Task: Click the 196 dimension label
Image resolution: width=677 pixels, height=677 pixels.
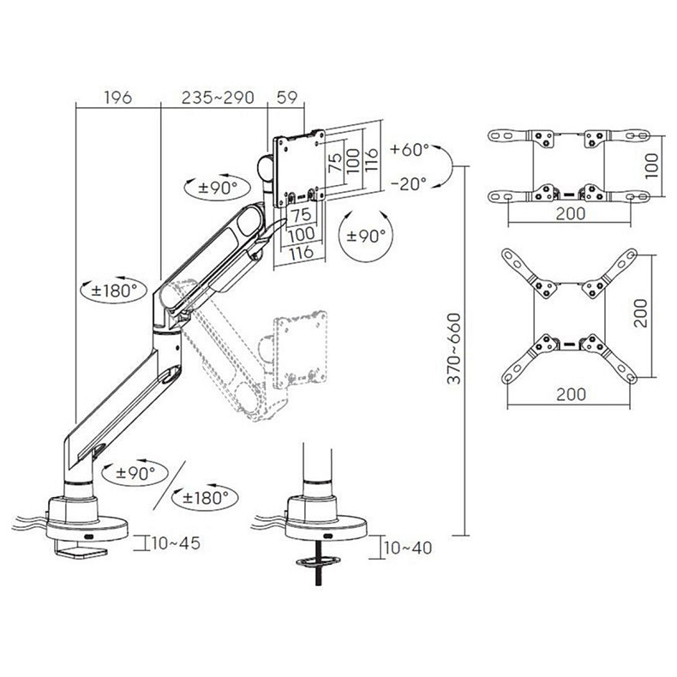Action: (118, 98)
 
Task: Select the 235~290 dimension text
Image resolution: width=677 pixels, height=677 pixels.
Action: (218, 98)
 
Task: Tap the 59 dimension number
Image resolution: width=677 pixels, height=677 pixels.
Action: (287, 98)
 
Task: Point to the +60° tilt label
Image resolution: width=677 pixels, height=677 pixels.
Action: (410, 150)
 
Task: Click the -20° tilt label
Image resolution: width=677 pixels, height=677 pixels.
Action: (409, 183)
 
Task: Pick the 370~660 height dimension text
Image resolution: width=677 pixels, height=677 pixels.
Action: (454, 349)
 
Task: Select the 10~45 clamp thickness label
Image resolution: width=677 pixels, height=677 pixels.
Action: (176, 543)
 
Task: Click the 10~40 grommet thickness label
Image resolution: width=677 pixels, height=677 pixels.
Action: (408, 548)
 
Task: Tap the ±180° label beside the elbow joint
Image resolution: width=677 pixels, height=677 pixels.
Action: (114, 291)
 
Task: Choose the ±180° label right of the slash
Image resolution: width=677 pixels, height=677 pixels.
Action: (205, 498)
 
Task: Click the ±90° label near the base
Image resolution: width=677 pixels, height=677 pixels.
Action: (135, 473)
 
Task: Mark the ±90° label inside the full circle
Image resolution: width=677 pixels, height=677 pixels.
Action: (366, 237)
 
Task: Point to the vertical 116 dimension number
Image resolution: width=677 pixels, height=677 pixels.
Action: (372, 159)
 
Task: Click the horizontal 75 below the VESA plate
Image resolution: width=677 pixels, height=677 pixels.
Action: (302, 214)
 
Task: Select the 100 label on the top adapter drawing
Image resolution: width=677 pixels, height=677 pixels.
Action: (651, 165)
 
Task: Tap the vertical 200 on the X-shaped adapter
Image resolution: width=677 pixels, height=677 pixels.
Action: (640, 313)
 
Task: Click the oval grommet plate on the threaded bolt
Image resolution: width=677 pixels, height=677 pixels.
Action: (318, 561)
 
